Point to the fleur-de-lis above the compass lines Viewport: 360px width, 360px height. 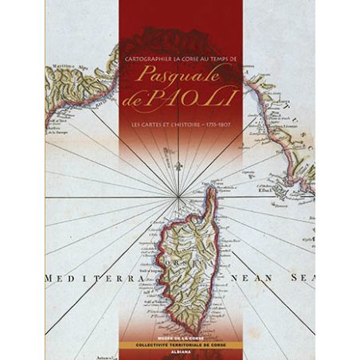181,169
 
